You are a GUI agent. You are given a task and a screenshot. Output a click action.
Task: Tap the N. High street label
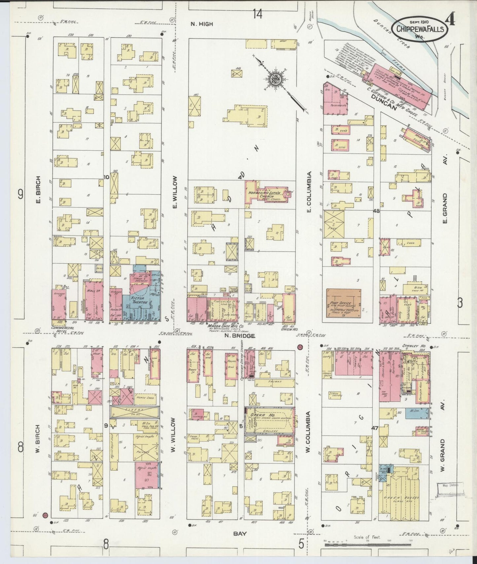[202, 24]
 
